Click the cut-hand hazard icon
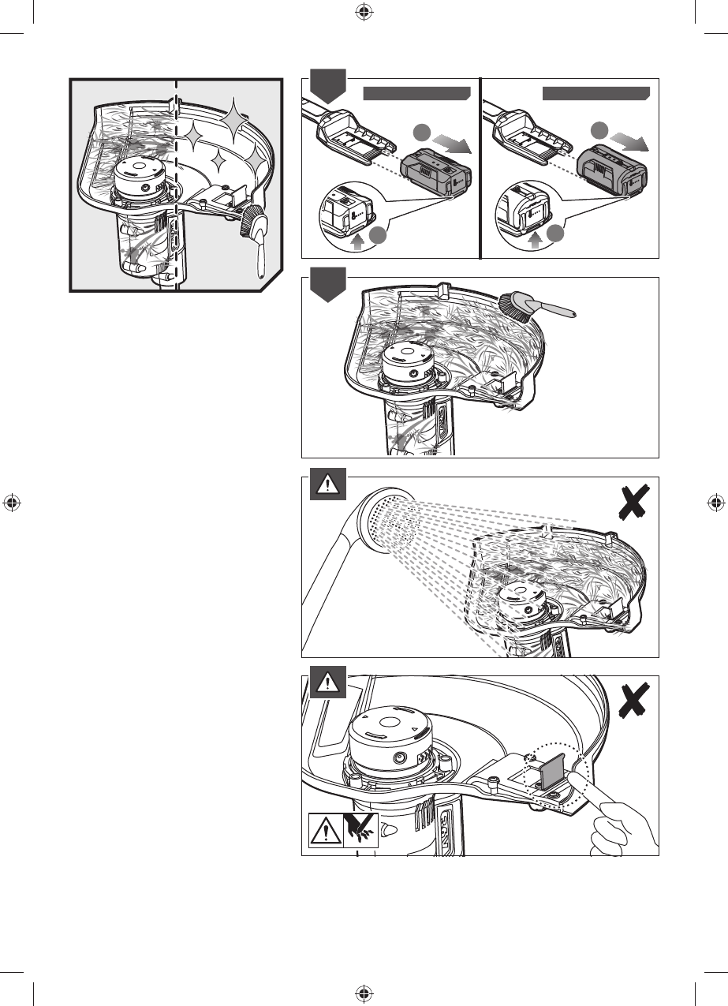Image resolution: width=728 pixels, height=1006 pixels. click(x=361, y=830)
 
